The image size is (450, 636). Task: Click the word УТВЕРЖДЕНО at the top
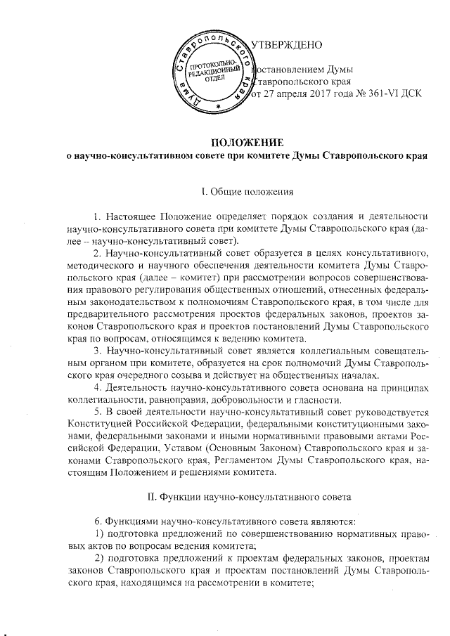[x=286, y=46]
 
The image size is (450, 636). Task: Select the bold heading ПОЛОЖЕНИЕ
[x=241, y=142]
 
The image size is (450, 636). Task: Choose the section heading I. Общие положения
[x=243, y=190]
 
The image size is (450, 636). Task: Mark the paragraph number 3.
[x=98, y=348]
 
